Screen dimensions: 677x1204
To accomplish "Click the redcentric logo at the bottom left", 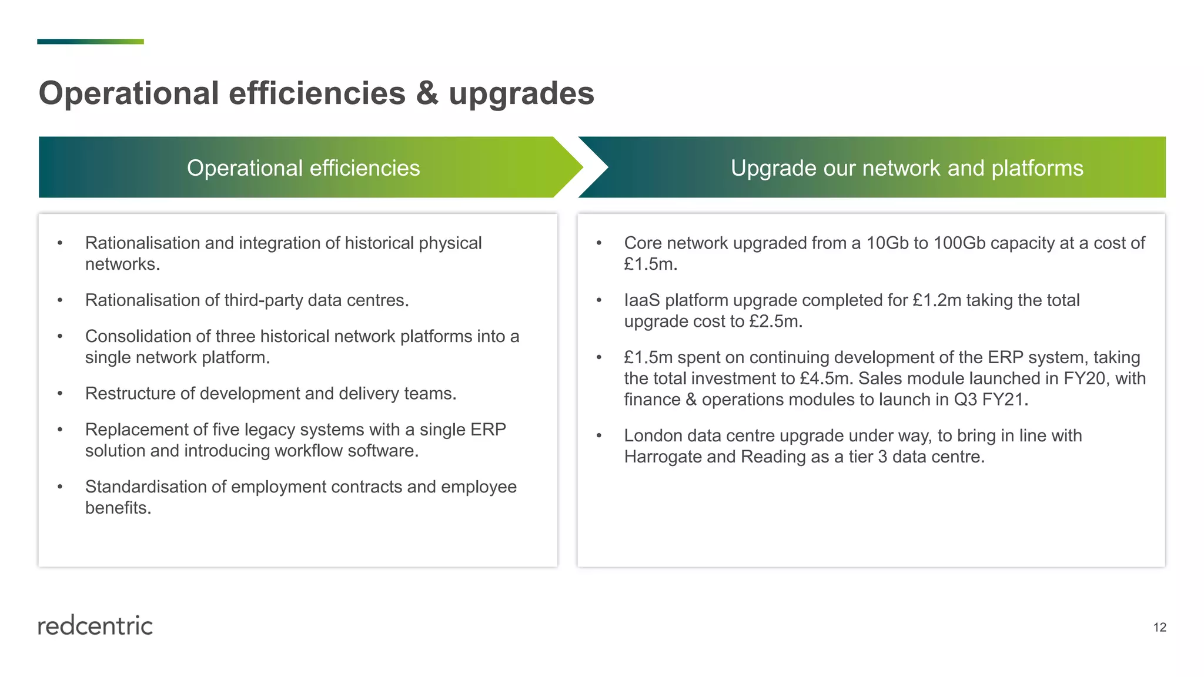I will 95,626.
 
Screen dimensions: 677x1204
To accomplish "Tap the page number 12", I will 1159,628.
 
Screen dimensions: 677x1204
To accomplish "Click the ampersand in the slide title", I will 427,94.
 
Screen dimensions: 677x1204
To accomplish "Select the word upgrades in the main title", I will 521,94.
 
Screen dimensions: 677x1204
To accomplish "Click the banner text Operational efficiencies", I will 303,168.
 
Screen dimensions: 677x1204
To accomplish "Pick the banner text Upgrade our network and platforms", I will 907,168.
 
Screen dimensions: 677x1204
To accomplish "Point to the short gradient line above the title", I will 91,42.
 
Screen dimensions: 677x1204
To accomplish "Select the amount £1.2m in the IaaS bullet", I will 937,300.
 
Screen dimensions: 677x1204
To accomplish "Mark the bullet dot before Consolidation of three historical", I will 60,337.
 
